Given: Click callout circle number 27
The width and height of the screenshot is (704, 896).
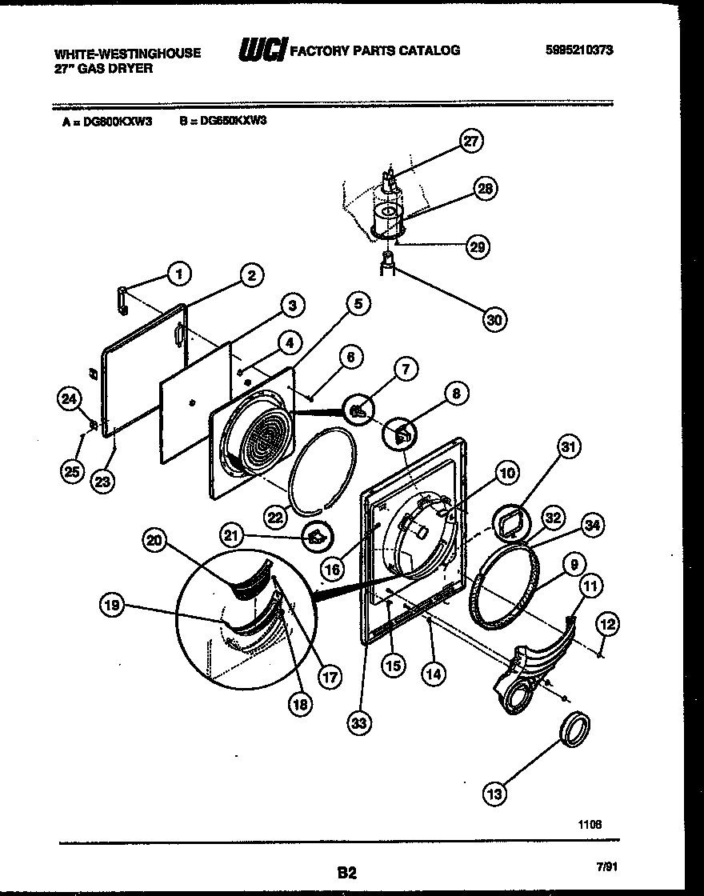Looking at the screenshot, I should pos(471,142).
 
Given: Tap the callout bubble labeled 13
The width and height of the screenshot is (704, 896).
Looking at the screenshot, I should pos(495,793).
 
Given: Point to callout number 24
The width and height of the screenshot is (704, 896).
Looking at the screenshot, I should pos(70,397).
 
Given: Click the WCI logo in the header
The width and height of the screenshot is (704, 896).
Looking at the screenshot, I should pos(262,51).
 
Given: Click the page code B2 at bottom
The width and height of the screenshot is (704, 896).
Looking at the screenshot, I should pos(346,874).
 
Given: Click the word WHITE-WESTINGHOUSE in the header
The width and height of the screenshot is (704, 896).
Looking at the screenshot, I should pos(127,53).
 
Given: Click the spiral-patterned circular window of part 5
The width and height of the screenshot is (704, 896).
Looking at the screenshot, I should pos(267,441).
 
